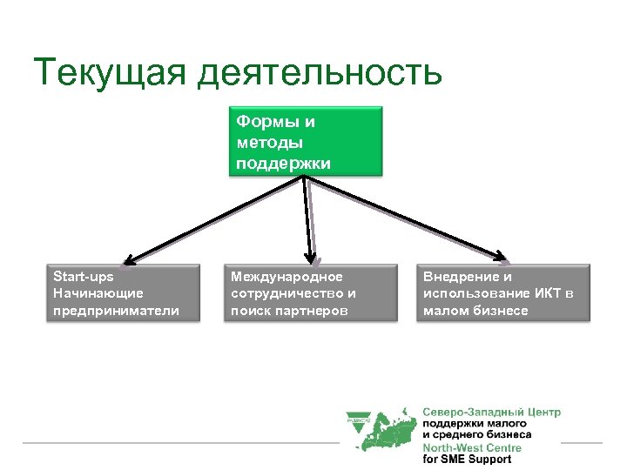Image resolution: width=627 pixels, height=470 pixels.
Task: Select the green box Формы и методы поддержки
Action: (x=306, y=141)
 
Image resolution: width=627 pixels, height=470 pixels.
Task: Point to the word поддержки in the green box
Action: (x=283, y=162)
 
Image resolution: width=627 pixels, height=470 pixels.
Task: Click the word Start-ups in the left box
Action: (x=84, y=277)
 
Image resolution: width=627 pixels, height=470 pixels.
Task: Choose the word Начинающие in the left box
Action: (x=98, y=293)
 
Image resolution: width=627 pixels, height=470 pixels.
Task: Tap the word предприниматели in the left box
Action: (x=117, y=310)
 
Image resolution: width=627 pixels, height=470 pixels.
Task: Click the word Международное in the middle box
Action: (x=287, y=277)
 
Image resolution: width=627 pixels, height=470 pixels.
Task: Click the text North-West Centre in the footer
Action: (x=472, y=448)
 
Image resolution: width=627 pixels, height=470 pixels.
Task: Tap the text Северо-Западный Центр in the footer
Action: (x=491, y=412)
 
